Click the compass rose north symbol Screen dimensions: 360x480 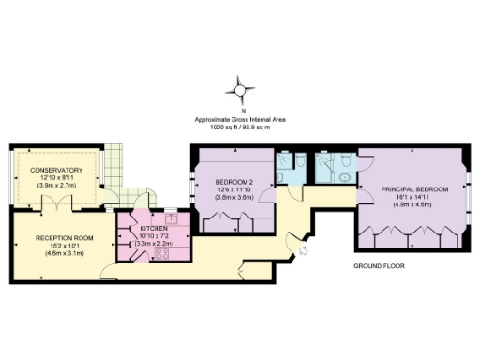coord(240,91)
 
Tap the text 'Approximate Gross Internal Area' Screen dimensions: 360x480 coord(240,119)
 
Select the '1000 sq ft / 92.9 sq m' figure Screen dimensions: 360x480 coord(240,127)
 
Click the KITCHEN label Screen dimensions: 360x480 coord(154,228)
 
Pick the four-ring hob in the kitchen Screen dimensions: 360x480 coord(159,252)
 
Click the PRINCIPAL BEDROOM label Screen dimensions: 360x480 coord(414,189)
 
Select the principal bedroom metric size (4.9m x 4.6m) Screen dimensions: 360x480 coord(414,204)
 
